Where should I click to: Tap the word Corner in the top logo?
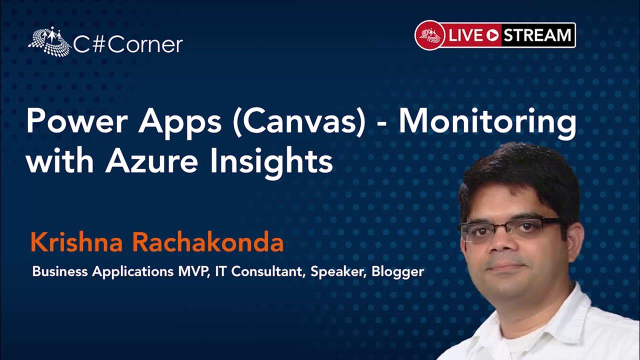pyautogui.click(x=145, y=44)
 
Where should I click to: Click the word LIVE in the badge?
pyautogui.click(x=466, y=35)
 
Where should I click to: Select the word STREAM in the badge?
pyautogui.click(x=537, y=35)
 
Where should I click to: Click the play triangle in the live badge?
pyautogui.click(x=492, y=35)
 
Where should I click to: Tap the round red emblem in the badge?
pyautogui.click(x=430, y=35)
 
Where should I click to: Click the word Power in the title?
pyautogui.click(x=77, y=121)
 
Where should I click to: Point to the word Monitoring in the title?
pyautogui.click(x=487, y=123)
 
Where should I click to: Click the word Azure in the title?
pyautogui.click(x=151, y=161)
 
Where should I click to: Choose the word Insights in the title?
pyautogui.click(x=271, y=162)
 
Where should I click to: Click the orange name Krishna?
pyautogui.click(x=77, y=242)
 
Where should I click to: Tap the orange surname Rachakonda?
pyautogui.click(x=207, y=242)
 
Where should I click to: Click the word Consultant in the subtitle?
pyautogui.click(x=267, y=271)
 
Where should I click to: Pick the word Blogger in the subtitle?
pyautogui.click(x=397, y=272)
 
